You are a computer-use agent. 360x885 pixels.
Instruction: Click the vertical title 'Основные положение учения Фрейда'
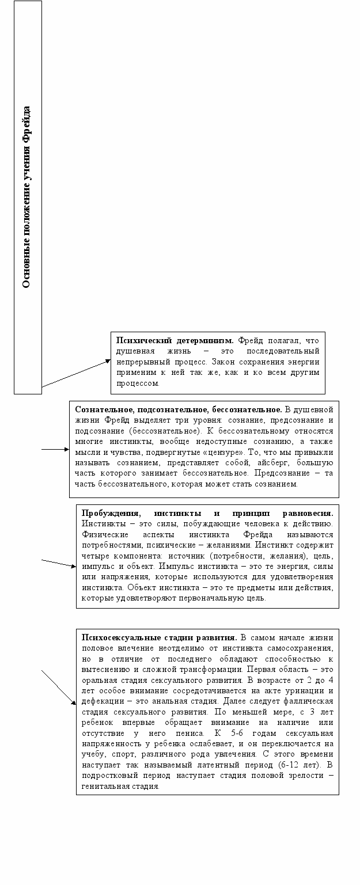pyautogui.click(x=27, y=197)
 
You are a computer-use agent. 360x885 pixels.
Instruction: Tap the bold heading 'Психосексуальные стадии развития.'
pyautogui.click(x=159, y=637)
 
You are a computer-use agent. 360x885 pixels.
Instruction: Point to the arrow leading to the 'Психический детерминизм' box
pyautogui.click(x=75, y=373)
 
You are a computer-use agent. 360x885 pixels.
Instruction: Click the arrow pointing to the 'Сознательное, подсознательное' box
pyautogui.click(x=55, y=449)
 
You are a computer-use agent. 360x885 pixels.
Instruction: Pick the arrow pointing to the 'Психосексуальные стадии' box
pyautogui.click(x=59, y=688)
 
